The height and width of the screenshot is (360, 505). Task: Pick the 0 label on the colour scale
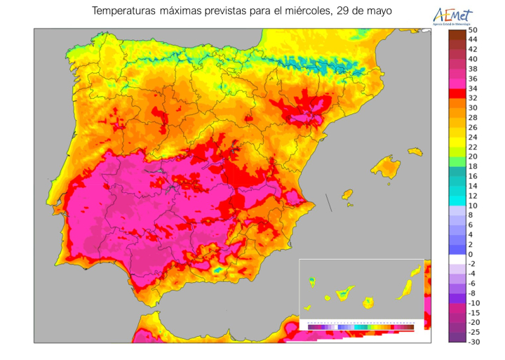click(x=471, y=254)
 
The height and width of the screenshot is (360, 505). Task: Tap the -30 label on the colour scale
click(x=473, y=342)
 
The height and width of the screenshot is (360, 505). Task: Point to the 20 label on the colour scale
click(x=473, y=156)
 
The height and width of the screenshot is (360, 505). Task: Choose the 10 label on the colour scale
click(x=473, y=206)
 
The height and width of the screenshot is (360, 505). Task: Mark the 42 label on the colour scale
click(x=473, y=49)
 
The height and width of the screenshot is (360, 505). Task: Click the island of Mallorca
click(x=385, y=166)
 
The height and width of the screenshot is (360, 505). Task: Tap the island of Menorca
click(x=415, y=150)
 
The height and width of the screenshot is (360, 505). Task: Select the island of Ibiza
click(x=346, y=194)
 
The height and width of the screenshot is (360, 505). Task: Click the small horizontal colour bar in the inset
click(x=361, y=326)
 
